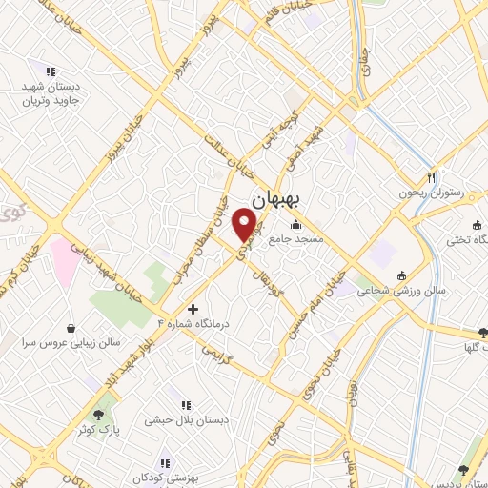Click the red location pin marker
pyautogui.click(x=247, y=223)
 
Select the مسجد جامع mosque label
pyautogui.click(x=295, y=239)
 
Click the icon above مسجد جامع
pyautogui.click(x=295, y=225)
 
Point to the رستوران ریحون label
pyautogui.click(x=432, y=192)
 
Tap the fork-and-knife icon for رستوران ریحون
pyautogui.click(x=432, y=176)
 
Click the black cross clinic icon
pyautogui.click(x=193, y=310)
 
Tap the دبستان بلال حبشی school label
pyautogui.click(x=184, y=419)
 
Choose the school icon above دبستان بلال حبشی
pyautogui.click(x=184, y=405)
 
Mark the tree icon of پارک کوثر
pyautogui.click(x=98, y=415)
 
